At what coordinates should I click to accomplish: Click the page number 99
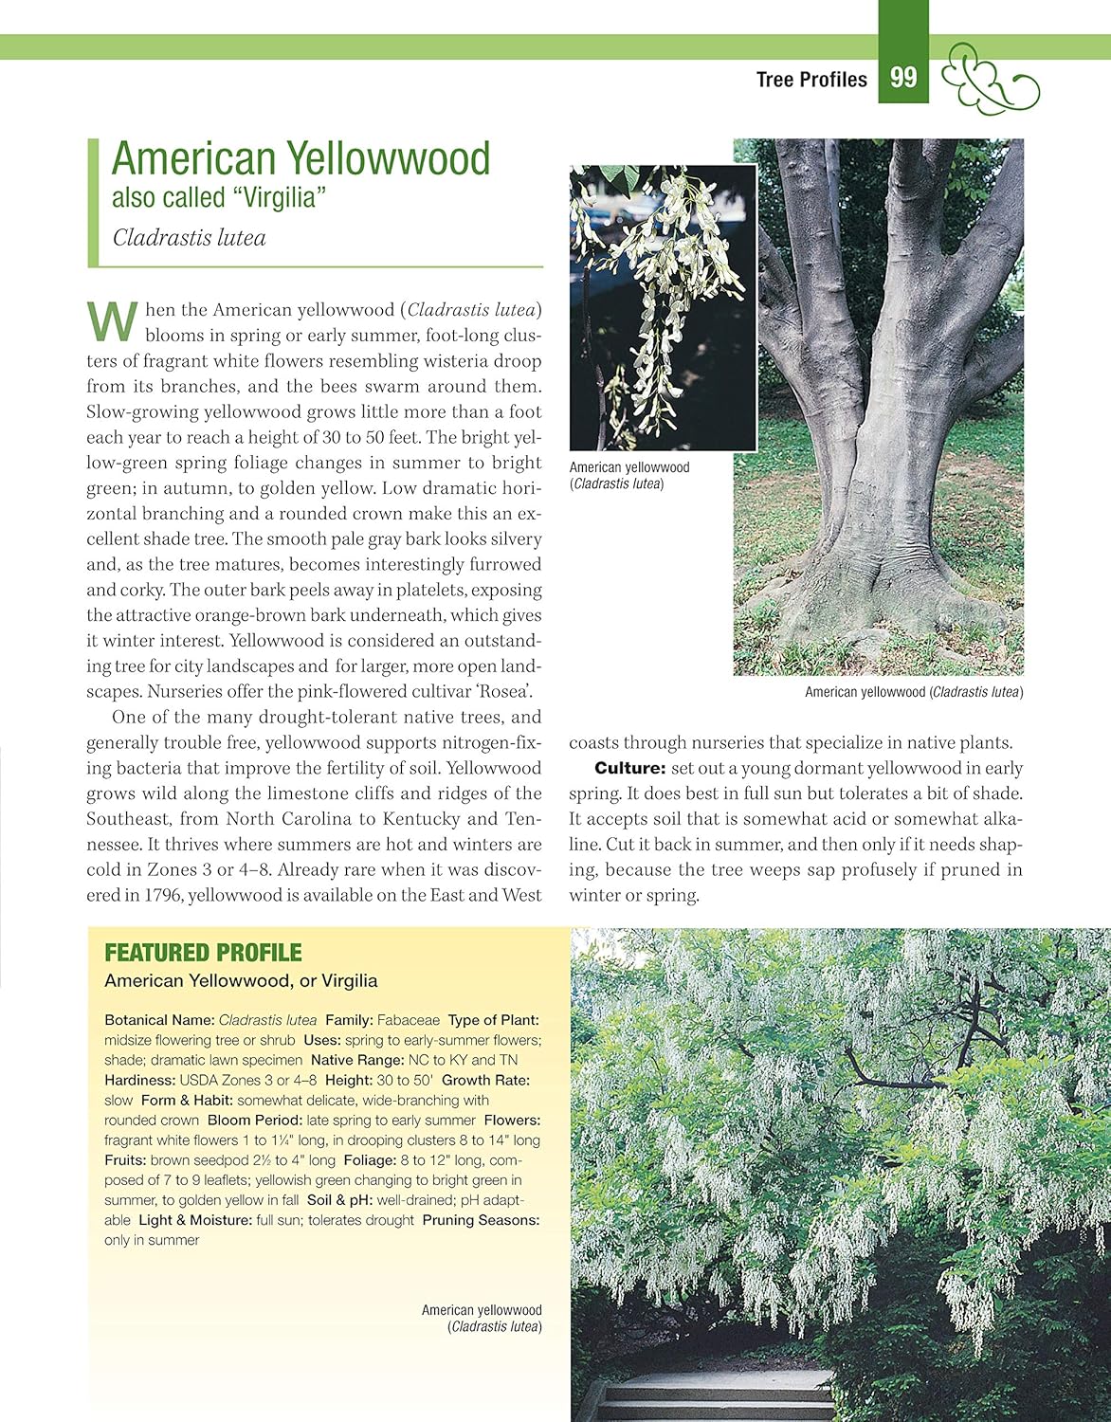click(903, 77)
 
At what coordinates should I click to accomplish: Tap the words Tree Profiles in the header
click(811, 80)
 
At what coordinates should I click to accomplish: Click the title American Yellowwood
click(301, 158)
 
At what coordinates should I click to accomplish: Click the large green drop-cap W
click(112, 321)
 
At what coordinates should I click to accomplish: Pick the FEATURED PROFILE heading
click(203, 953)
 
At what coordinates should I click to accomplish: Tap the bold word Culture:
click(630, 768)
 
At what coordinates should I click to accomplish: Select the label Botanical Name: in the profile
click(159, 1020)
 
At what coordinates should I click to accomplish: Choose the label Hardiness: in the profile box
click(139, 1080)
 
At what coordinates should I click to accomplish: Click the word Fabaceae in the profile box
click(409, 1020)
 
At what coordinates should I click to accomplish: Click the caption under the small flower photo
click(628, 475)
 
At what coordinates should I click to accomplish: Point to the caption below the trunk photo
click(914, 692)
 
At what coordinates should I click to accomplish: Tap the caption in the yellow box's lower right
click(482, 1318)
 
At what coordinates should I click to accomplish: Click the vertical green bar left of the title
click(93, 202)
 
